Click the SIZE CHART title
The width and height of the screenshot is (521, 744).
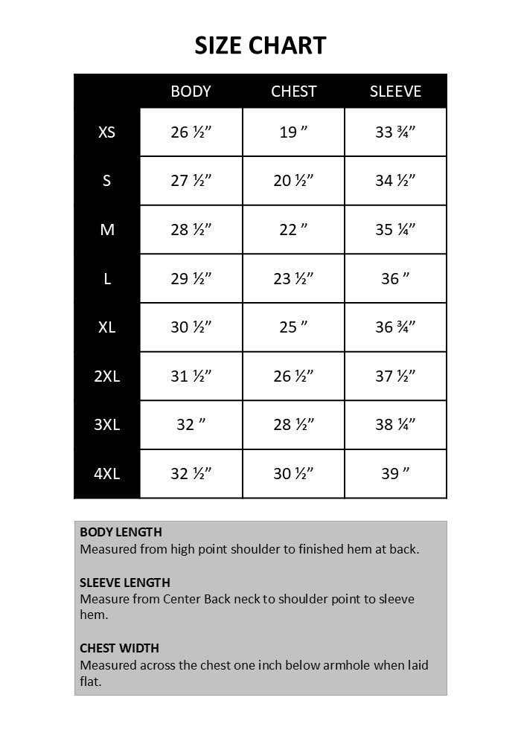260,45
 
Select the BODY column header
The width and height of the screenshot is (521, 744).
191,92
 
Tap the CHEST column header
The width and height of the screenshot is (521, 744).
293,92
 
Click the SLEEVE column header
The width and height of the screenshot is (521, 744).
395,92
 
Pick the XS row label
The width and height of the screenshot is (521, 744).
107,132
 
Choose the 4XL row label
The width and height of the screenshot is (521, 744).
107,473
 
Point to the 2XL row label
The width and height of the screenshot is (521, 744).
107,376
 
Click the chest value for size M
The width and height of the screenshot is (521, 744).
293,230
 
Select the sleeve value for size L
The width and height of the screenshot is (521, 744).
395,278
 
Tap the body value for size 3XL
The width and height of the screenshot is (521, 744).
191,425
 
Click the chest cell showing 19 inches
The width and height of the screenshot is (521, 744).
293,132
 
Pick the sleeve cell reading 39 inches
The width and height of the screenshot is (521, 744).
395,473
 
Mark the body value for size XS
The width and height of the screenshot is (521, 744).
191,132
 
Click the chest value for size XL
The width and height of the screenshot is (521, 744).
293,327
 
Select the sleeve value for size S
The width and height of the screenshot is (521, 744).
395,181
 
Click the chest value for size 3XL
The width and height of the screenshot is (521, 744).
293,425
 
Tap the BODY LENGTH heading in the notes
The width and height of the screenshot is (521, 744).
121,533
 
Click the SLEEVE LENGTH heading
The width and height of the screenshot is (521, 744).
125,583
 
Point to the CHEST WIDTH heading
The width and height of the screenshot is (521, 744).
119,648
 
